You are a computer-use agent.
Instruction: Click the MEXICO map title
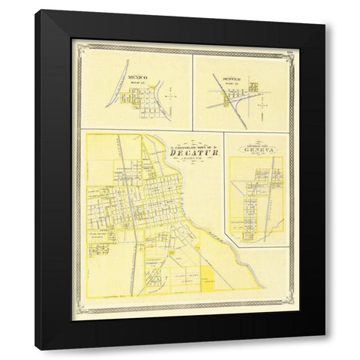click(x=137, y=76)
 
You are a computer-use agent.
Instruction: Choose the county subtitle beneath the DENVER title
click(x=224, y=82)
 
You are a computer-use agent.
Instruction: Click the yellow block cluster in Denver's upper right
click(x=253, y=87)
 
